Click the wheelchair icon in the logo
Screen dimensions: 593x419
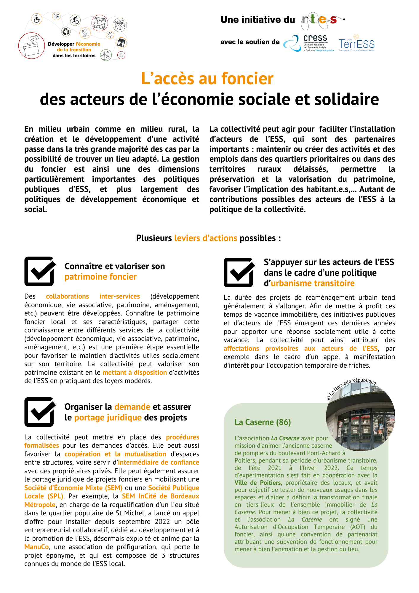37,19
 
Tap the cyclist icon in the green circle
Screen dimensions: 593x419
75,20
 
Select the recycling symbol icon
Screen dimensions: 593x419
66,31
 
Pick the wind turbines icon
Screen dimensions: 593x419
106,55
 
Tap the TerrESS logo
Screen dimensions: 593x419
356,44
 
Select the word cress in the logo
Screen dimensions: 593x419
315,38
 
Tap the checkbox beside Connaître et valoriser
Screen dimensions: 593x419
40,271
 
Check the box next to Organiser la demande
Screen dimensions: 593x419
40,412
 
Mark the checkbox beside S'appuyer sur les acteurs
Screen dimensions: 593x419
239,272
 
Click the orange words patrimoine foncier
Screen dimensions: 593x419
100,277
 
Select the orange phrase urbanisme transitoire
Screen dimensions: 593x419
313,283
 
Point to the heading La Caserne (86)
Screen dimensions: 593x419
263,422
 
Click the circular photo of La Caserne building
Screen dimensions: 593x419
360,416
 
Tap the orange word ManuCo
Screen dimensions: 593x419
37,547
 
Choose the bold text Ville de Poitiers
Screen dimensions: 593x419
258,483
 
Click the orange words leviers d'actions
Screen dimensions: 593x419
206,238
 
